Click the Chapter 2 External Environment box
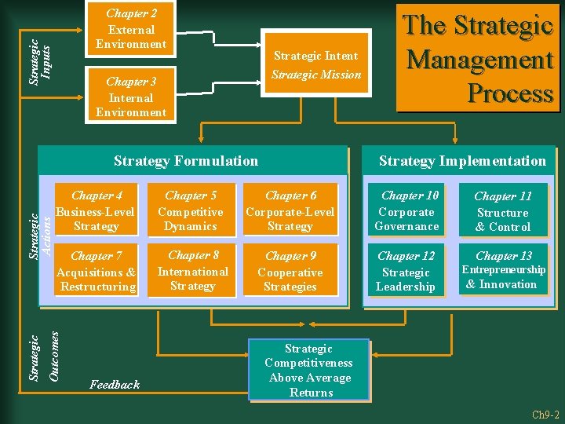[131, 29]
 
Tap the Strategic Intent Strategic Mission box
[315, 65]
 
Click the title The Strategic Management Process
[479, 60]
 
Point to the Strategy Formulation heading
[186, 161]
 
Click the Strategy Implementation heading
[462, 161]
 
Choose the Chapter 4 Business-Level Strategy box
[95, 211]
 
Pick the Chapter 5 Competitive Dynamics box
[191, 211]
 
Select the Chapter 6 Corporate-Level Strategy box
[290, 211]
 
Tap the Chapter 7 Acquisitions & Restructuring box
[95, 271]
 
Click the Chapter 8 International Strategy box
[193, 271]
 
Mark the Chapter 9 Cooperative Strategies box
[290, 271]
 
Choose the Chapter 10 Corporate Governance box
[406, 211]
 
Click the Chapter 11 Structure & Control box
[503, 211]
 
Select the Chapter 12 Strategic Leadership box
[406, 271]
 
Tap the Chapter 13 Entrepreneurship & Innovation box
[503, 271]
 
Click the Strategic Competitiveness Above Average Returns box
[308, 370]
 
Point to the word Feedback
[115, 384]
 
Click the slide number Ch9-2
[544, 414]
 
